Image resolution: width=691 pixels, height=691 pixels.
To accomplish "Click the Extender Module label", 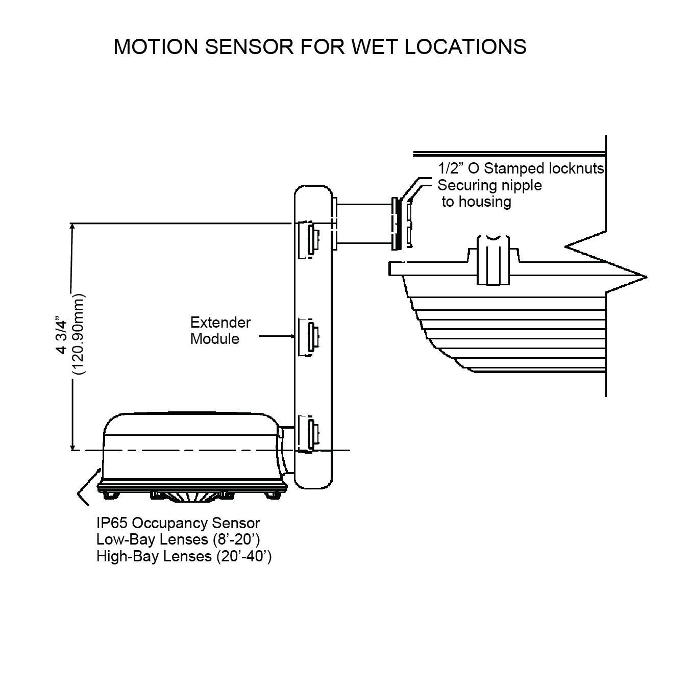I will [220, 330].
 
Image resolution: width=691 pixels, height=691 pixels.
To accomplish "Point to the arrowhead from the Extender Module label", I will [292, 336].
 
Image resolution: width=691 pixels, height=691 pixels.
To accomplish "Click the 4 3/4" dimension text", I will [62, 336].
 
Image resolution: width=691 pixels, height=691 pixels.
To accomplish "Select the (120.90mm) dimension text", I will [80, 335].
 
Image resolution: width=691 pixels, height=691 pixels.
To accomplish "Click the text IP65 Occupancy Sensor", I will [178, 523].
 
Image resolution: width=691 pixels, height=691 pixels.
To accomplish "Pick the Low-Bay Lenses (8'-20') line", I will [182, 539].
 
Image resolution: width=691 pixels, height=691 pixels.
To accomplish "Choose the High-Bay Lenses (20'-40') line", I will [184, 556].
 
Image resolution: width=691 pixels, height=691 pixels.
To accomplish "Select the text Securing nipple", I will [489, 185].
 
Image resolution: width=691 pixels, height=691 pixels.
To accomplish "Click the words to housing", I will [476, 202].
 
